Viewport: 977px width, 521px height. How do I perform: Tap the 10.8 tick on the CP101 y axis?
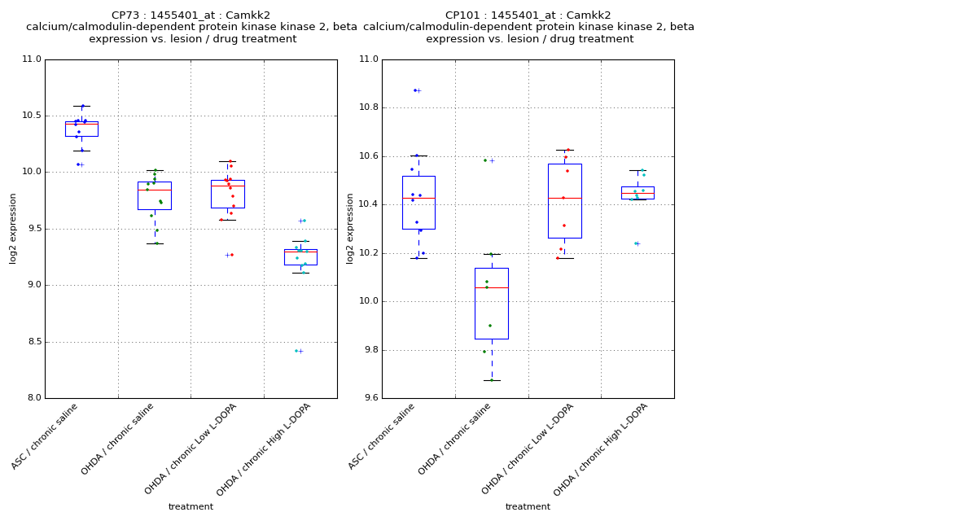tap(368, 107)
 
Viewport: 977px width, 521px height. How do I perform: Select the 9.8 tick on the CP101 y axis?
tap(368, 350)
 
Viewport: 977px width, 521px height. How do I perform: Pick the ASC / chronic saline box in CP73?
tap(81, 129)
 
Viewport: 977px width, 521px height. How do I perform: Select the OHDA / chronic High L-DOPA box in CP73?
tap(300, 257)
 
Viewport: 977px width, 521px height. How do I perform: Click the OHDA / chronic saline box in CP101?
tap(492, 303)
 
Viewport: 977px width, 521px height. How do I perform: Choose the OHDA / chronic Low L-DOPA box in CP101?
tap(564, 201)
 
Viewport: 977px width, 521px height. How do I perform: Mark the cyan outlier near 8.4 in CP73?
tap(296, 351)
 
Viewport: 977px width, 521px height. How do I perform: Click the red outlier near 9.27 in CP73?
tap(231, 255)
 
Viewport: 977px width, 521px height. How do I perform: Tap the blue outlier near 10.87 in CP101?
tap(415, 90)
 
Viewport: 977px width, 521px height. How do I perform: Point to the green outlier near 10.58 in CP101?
tap(485, 160)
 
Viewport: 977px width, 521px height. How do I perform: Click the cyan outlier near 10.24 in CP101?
tap(636, 243)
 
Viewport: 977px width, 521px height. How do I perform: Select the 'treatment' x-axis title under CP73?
tap(191, 507)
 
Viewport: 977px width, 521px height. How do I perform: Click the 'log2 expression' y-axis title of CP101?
tap(350, 228)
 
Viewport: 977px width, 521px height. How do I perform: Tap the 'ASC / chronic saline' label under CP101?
tap(383, 436)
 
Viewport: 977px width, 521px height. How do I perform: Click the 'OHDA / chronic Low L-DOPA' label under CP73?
tap(191, 448)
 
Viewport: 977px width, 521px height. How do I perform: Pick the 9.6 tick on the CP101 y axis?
tap(368, 398)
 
